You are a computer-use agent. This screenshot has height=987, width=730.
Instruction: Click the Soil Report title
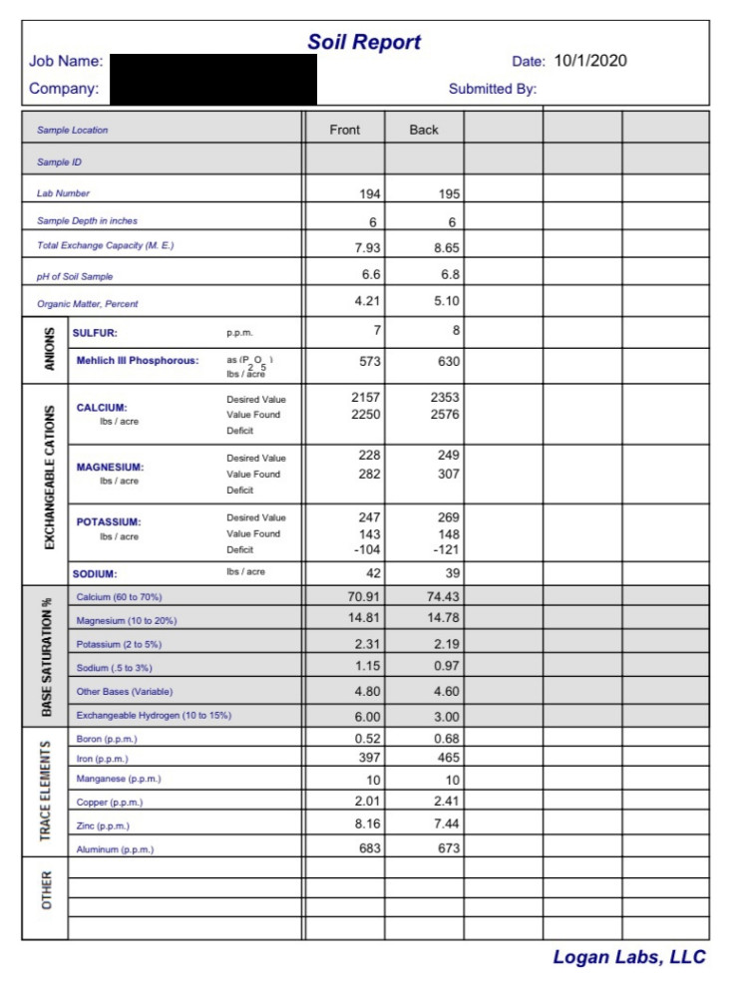(364, 42)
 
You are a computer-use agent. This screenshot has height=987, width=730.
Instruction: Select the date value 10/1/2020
(590, 61)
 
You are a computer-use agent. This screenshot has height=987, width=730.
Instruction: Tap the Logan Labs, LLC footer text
(629, 957)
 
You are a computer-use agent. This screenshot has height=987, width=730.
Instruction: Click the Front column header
(344, 130)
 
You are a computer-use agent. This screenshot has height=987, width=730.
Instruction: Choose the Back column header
(424, 130)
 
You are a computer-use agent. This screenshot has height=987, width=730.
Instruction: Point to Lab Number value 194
(369, 194)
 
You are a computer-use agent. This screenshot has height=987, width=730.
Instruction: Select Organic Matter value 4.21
(367, 300)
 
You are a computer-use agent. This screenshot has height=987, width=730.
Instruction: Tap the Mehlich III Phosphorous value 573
(368, 362)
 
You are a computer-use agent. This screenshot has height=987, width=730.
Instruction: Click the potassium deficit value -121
(445, 550)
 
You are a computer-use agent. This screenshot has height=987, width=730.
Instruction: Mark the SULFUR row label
(95, 334)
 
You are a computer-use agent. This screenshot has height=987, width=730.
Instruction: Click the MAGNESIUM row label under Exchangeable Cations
(110, 467)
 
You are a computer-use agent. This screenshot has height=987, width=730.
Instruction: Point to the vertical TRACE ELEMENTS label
(46, 792)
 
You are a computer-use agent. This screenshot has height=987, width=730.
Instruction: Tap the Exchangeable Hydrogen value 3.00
(446, 717)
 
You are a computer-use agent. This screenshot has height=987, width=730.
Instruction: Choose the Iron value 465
(448, 759)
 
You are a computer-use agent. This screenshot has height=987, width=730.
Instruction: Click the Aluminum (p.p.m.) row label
(115, 849)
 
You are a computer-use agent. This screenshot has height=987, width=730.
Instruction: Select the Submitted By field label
(492, 89)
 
